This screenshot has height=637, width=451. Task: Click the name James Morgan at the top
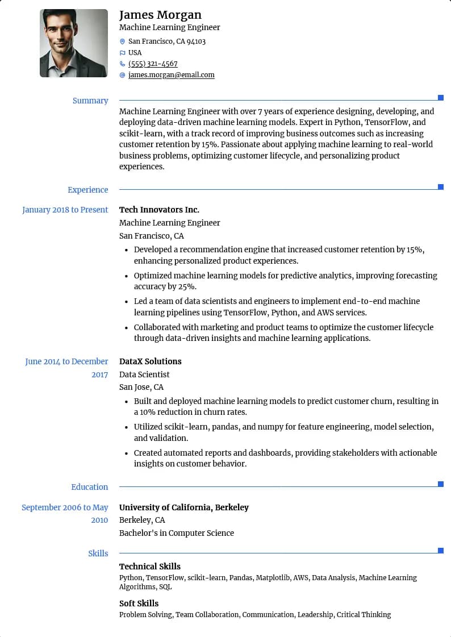tap(160, 15)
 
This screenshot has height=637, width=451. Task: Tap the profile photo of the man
tap(74, 43)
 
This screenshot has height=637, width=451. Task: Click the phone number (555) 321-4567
tap(153, 64)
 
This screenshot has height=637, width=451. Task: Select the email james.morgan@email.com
tap(172, 75)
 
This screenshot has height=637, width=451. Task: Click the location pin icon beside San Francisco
tap(122, 41)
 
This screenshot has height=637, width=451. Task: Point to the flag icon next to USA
tap(122, 53)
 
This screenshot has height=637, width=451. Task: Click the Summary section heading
tap(90, 101)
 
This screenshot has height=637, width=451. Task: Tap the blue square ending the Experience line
tap(441, 187)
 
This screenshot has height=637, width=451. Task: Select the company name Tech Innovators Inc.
tap(159, 210)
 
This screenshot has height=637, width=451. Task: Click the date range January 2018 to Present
tap(65, 210)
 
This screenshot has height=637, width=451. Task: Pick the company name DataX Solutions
tap(151, 361)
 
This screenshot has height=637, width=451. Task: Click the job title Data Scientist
tap(144, 374)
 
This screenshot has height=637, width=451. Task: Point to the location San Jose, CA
tap(141, 387)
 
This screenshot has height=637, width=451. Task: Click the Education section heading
tap(89, 487)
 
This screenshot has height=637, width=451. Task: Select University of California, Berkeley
tap(184, 507)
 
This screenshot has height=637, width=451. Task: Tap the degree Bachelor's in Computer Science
tap(177, 533)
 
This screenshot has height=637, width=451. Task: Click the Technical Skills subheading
tap(150, 567)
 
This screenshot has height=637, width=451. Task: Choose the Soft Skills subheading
tap(139, 603)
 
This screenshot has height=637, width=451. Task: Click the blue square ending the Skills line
tap(441, 551)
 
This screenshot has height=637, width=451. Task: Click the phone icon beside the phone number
tap(122, 64)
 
